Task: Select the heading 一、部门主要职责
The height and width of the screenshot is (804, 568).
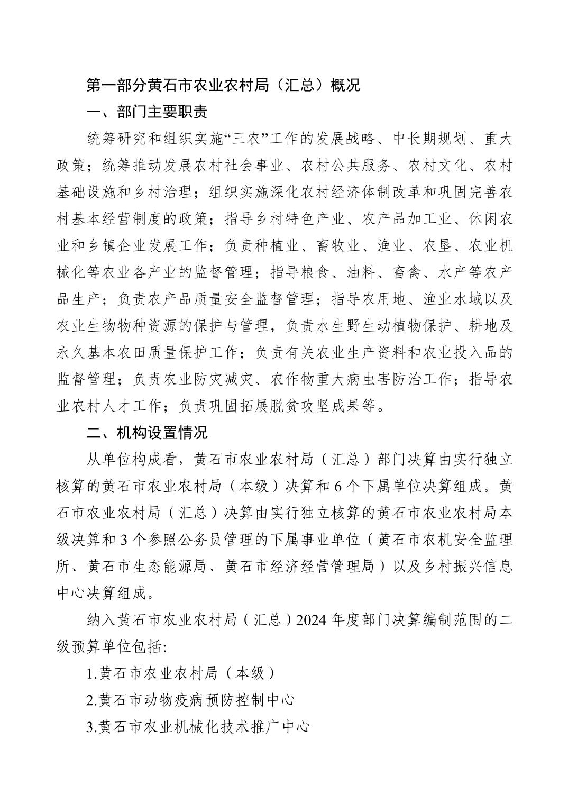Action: coord(147,112)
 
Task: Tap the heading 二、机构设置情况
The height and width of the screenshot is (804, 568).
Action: coord(147,433)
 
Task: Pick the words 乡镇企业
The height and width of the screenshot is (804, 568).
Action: coord(124,246)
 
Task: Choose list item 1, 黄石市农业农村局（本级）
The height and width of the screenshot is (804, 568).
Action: coord(181,673)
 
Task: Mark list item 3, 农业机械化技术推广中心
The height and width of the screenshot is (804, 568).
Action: coord(198,726)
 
